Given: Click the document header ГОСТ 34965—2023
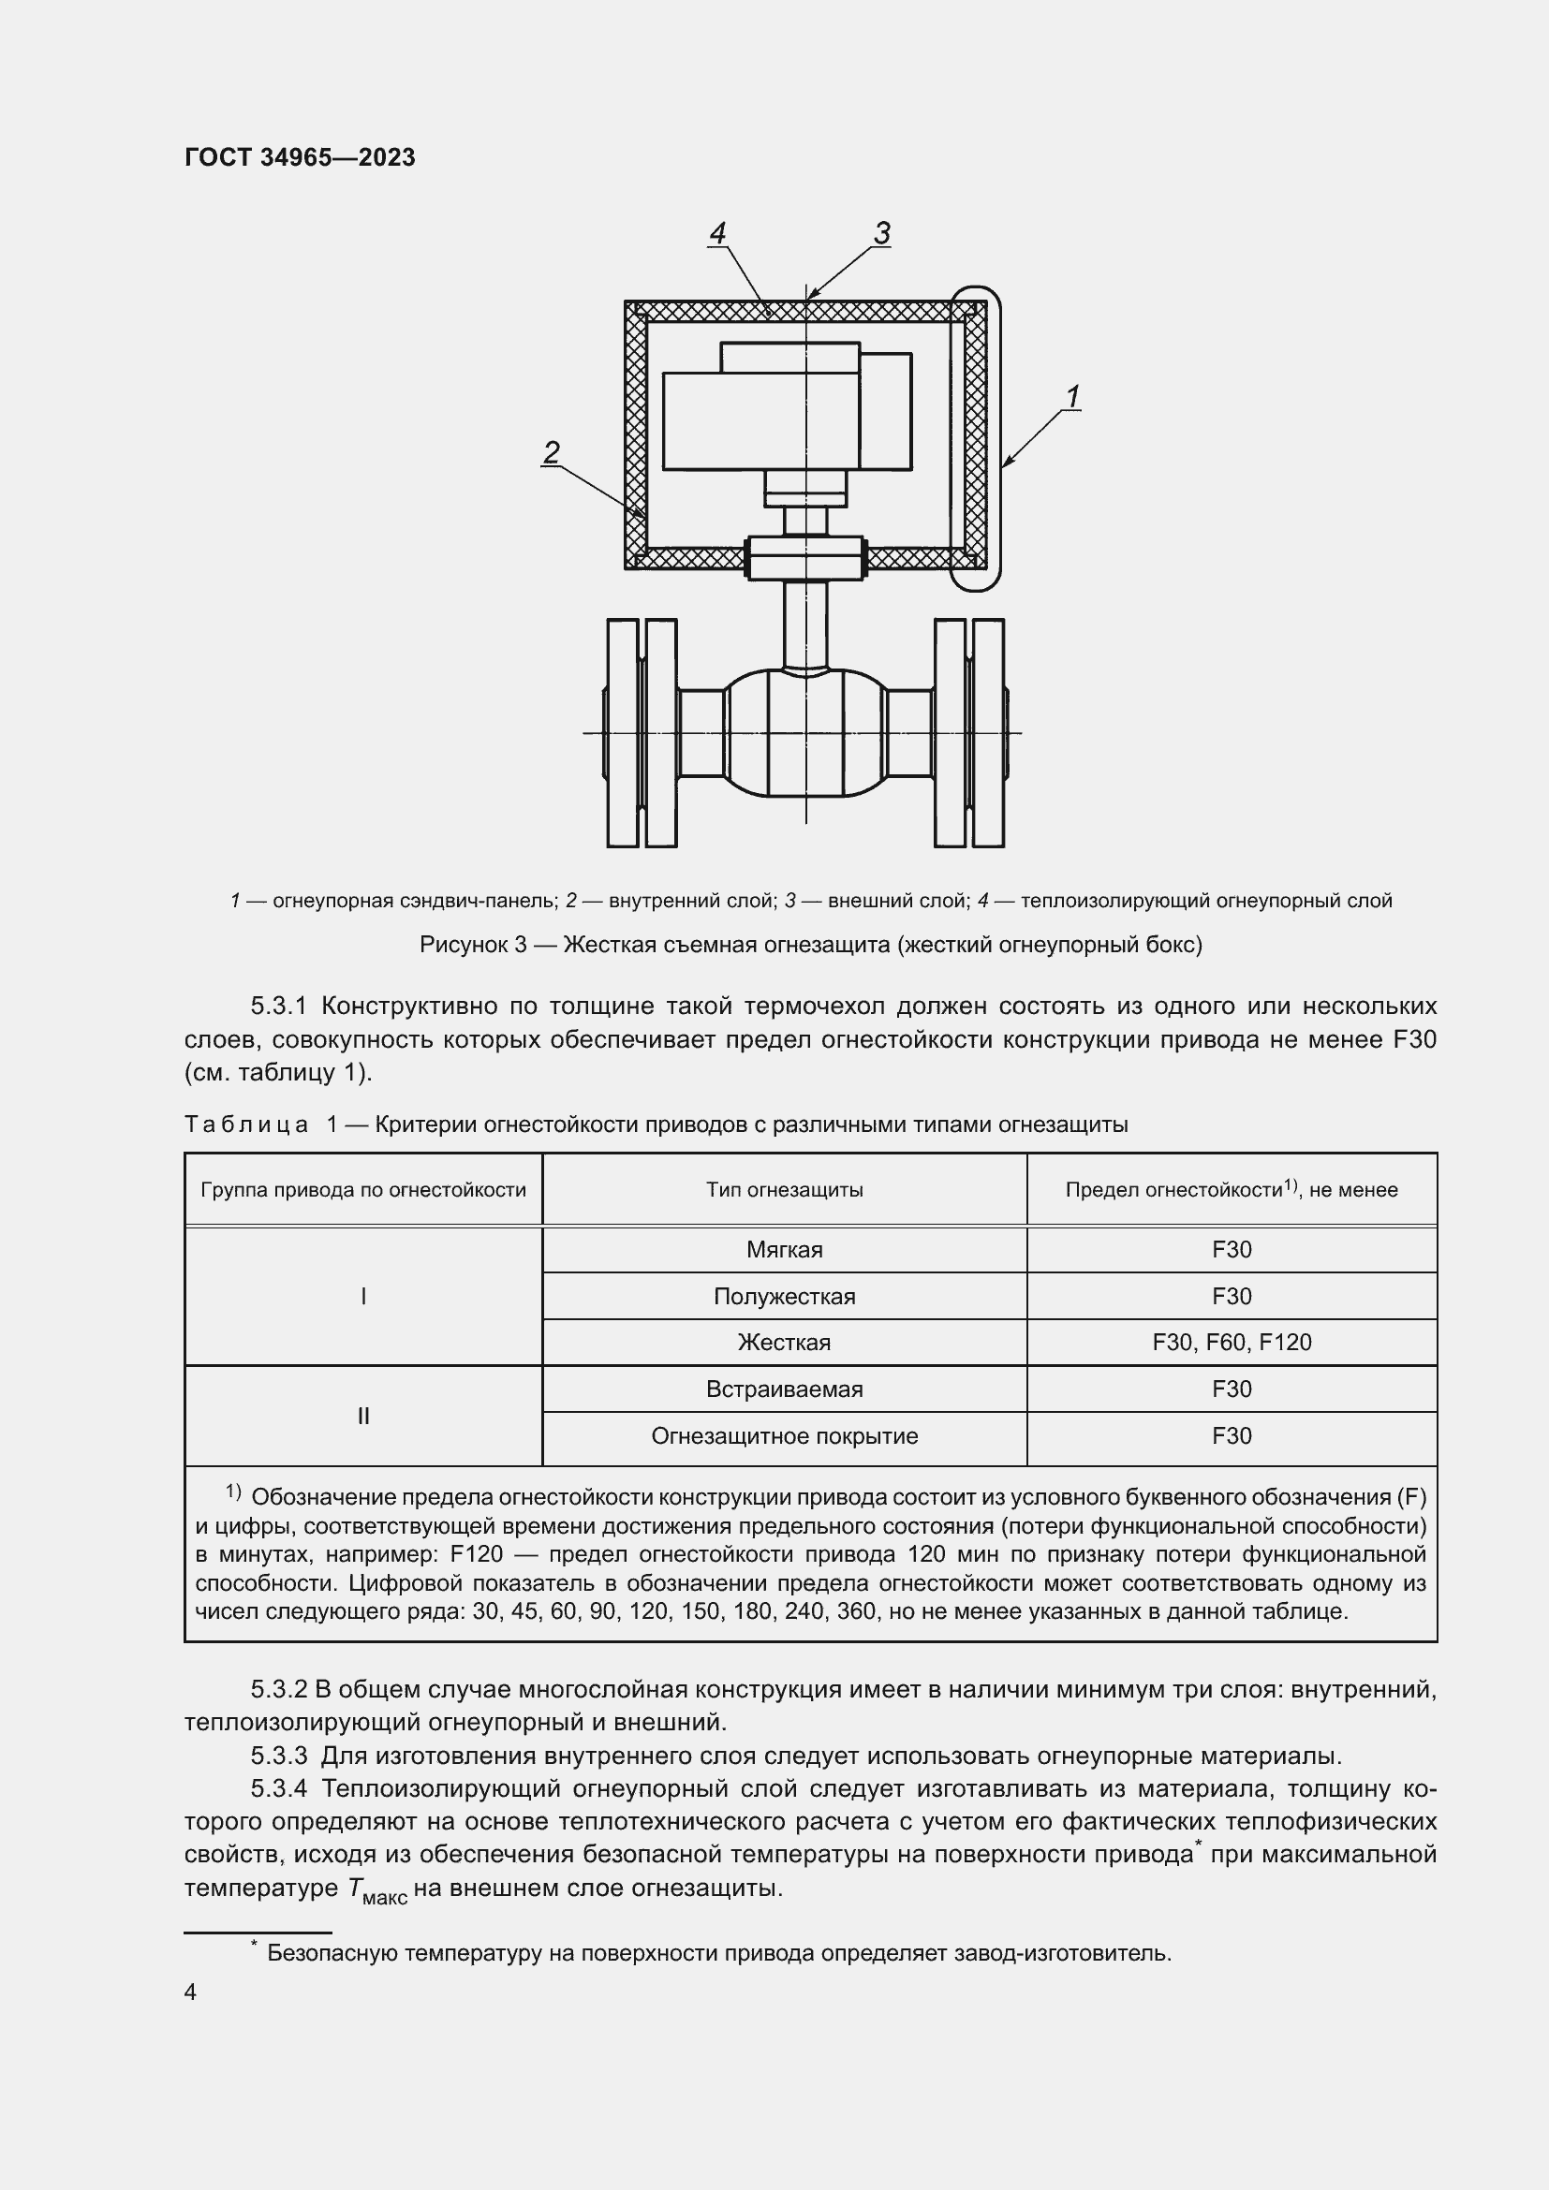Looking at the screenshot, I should pos(300,157).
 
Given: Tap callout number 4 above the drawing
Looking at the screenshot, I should pos(717,232).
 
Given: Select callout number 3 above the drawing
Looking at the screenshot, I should pos(881,232).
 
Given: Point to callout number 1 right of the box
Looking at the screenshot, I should pos(1072,395).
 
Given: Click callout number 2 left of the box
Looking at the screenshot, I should pos(551,451).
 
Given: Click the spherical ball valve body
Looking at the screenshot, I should pos(806,732).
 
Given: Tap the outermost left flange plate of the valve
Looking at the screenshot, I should pos(622,732).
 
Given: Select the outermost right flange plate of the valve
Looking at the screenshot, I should pos(988,732).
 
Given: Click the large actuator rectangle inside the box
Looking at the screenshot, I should pos(760,420).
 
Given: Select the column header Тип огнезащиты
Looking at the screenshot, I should pos(784,1189).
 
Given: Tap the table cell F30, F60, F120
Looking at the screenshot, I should pos(1232,1342).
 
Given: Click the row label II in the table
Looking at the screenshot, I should pos(362,1416).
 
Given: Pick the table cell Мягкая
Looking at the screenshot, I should pos(784,1250).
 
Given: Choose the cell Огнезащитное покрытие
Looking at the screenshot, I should pos(784,1435).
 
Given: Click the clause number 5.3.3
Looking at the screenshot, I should pos(278,1755).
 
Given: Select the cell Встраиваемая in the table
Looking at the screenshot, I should pos(784,1389).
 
